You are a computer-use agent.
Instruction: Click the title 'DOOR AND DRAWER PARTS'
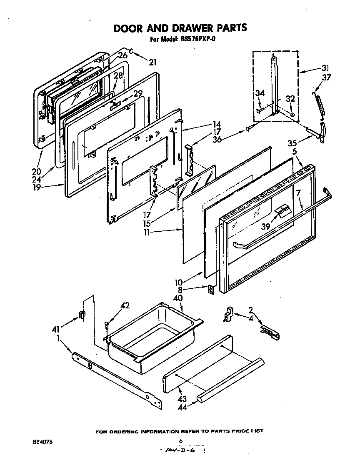[180, 28]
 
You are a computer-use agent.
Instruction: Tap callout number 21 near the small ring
[152, 63]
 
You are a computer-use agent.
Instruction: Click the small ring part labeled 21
[131, 52]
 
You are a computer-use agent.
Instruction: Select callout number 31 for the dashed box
[325, 68]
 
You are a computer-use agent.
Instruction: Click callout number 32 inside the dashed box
[290, 99]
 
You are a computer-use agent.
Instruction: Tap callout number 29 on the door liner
[138, 94]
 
